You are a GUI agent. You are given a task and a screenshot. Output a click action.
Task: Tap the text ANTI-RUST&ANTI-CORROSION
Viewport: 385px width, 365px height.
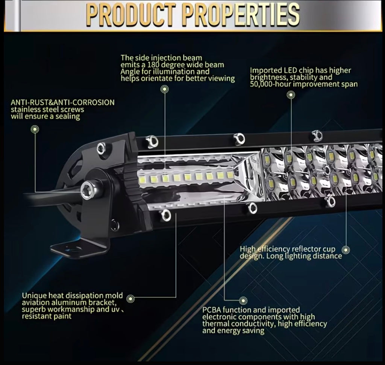62,102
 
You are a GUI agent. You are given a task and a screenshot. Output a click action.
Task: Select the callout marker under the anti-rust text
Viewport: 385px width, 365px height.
35,129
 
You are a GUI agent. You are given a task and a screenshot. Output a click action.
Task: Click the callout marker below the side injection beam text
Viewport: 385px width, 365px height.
164,89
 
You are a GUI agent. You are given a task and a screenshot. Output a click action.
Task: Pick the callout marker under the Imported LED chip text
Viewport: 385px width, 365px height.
291,94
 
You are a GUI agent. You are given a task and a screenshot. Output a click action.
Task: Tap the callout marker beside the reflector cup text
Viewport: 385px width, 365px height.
346,249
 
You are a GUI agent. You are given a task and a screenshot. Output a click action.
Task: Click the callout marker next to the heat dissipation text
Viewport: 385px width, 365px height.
130,299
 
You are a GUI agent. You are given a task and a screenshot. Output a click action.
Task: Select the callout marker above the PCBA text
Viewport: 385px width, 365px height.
244,300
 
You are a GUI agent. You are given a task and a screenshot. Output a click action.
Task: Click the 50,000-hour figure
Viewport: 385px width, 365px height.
271,84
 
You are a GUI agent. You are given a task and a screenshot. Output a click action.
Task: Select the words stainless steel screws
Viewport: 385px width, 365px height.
47,109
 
